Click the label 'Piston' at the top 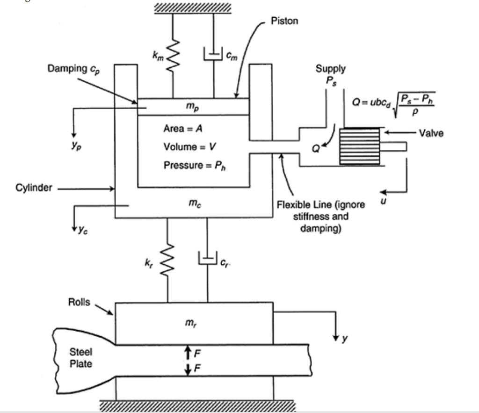point(284,22)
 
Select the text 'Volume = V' point(189,147)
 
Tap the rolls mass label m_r point(193,323)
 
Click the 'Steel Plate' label point(81,358)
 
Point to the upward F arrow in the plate point(187,352)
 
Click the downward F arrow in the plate point(187,369)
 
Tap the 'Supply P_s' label point(330,73)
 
